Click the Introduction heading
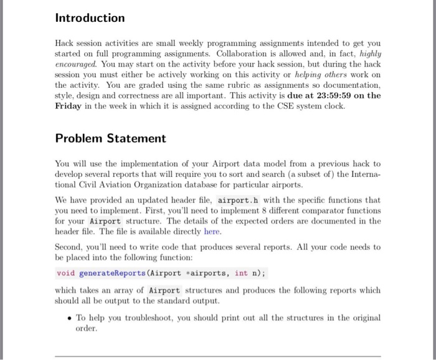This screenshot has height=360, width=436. [90, 18]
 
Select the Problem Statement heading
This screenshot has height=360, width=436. [110, 138]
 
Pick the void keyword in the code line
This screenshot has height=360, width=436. [65, 273]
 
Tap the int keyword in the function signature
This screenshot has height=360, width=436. [241, 273]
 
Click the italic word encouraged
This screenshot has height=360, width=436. [76, 64]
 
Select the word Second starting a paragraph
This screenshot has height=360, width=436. [70, 247]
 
